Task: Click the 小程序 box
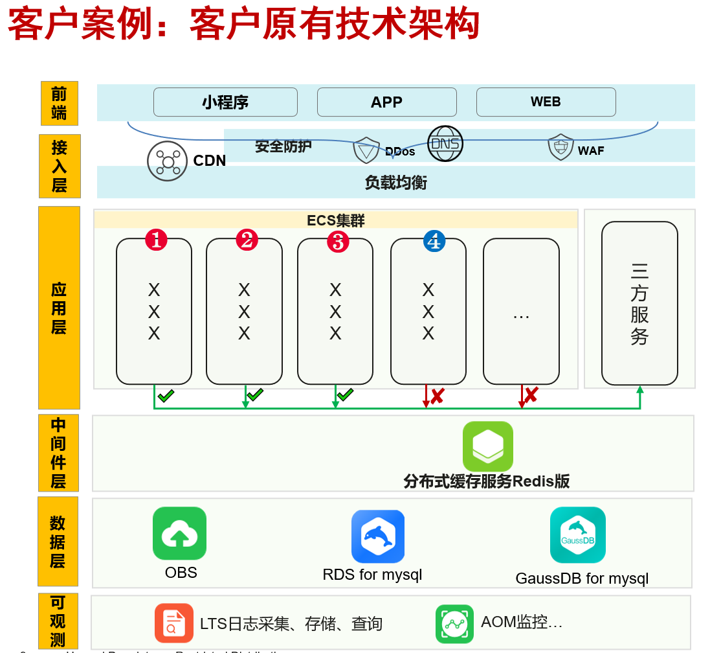(x=225, y=102)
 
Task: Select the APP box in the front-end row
(x=386, y=102)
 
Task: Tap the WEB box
(x=546, y=102)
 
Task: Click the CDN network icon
(x=168, y=161)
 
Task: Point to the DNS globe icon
(x=445, y=144)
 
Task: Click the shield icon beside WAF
(x=560, y=147)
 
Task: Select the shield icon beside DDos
(x=366, y=150)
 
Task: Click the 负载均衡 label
(x=395, y=183)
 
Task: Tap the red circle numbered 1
(x=156, y=240)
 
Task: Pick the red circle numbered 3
(x=338, y=242)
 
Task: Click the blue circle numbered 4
(x=434, y=242)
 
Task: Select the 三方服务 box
(x=639, y=303)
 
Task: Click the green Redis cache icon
(x=487, y=446)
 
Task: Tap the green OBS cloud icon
(x=179, y=533)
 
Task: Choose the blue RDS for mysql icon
(x=378, y=536)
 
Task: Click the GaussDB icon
(x=577, y=535)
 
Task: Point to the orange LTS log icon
(x=173, y=623)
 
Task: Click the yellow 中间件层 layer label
(x=59, y=453)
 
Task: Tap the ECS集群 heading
(x=335, y=220)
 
